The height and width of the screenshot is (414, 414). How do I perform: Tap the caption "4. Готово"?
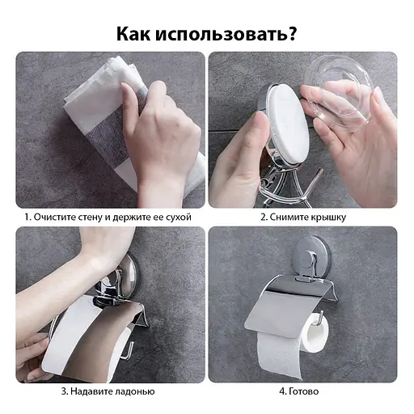pos(298,391)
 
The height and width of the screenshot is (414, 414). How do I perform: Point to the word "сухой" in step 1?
pos(181,218)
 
